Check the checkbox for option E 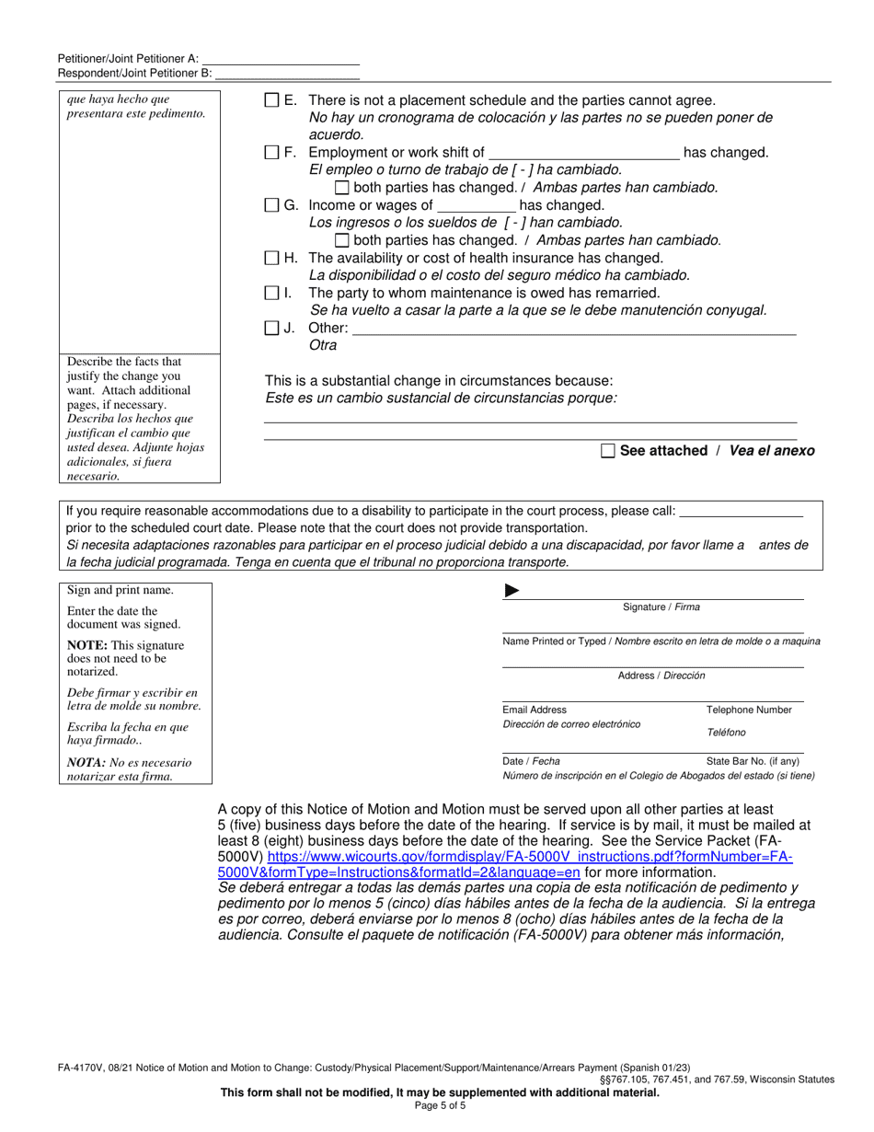pyautogui.click(x=271, y=100)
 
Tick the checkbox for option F pyautogui.click(x=271, y=153)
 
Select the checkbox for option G pyautogui.click(x=271, y=205)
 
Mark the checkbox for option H pyautogui.click(x=271, y=258)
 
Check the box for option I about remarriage pyautogui.click(x=271, y=293)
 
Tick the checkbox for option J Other pyautogui.click(x=271, y=328)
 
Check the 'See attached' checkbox pyautogui.click(x=607, y=451)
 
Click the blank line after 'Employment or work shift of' pyautogui.click(x=583, y=153)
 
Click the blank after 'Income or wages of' pyautogui.click(x=476, y=205)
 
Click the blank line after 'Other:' pyautogui.click(x=574, y=329)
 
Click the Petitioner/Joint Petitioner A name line pyautogui.click(x=280, y=57)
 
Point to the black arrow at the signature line pyautogui.click(x=512, y=591)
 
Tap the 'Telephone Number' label pyautogui.click(x=748, y=710)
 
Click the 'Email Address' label pyautogui.click(x=535, y=710)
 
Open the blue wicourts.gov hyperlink pyautogui.click(x=529, y=856)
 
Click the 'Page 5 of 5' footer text pyautogui.click(x=437, y=1105)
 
